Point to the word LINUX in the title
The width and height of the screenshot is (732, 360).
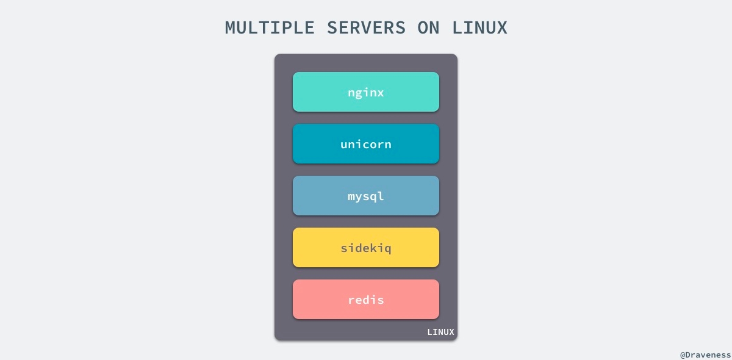click(479, 27)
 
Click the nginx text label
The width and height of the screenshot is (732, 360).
click(366, 93)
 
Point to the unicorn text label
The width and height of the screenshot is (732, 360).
click(366, 145)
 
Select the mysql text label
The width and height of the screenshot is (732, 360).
click(366, 197)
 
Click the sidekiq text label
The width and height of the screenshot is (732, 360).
click(366, 248)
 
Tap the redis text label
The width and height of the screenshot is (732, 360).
click(366, 300)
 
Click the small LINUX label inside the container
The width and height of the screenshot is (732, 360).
click(440, 333)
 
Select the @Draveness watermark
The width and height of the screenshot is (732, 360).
click(705, 354)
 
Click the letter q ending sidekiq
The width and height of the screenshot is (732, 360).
click(387, 250)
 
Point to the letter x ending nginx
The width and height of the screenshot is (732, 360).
click(381, 93)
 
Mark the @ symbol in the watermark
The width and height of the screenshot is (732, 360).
click(683, 354)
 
